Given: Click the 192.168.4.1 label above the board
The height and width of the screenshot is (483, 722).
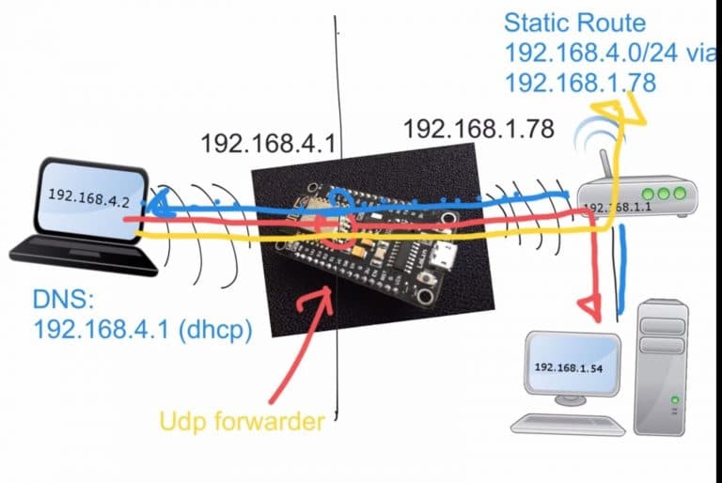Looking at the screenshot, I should click(x=268, y=143).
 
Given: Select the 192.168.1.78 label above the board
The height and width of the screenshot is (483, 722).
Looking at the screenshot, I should click(x=478, y=128).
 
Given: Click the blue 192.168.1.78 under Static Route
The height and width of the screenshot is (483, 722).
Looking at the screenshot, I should click(x=579, y=84).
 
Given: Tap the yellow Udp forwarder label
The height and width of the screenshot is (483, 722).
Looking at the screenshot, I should click(x=243, y=419).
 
